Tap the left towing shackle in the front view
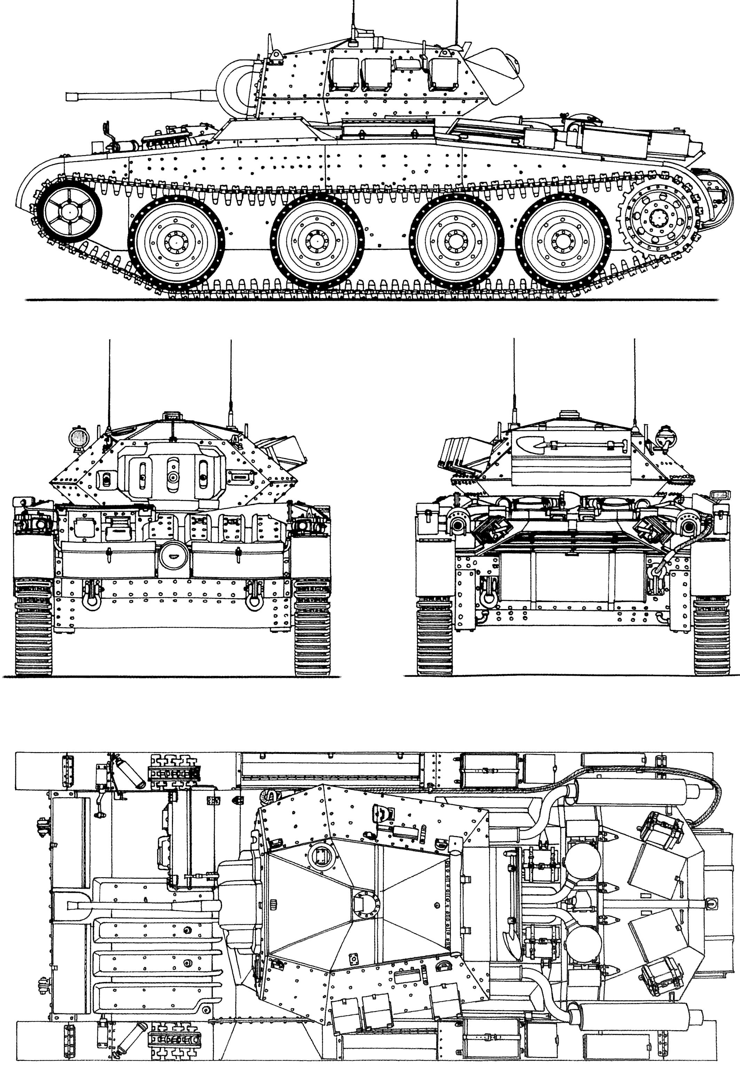point(89,598)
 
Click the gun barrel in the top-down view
point(139,905)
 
